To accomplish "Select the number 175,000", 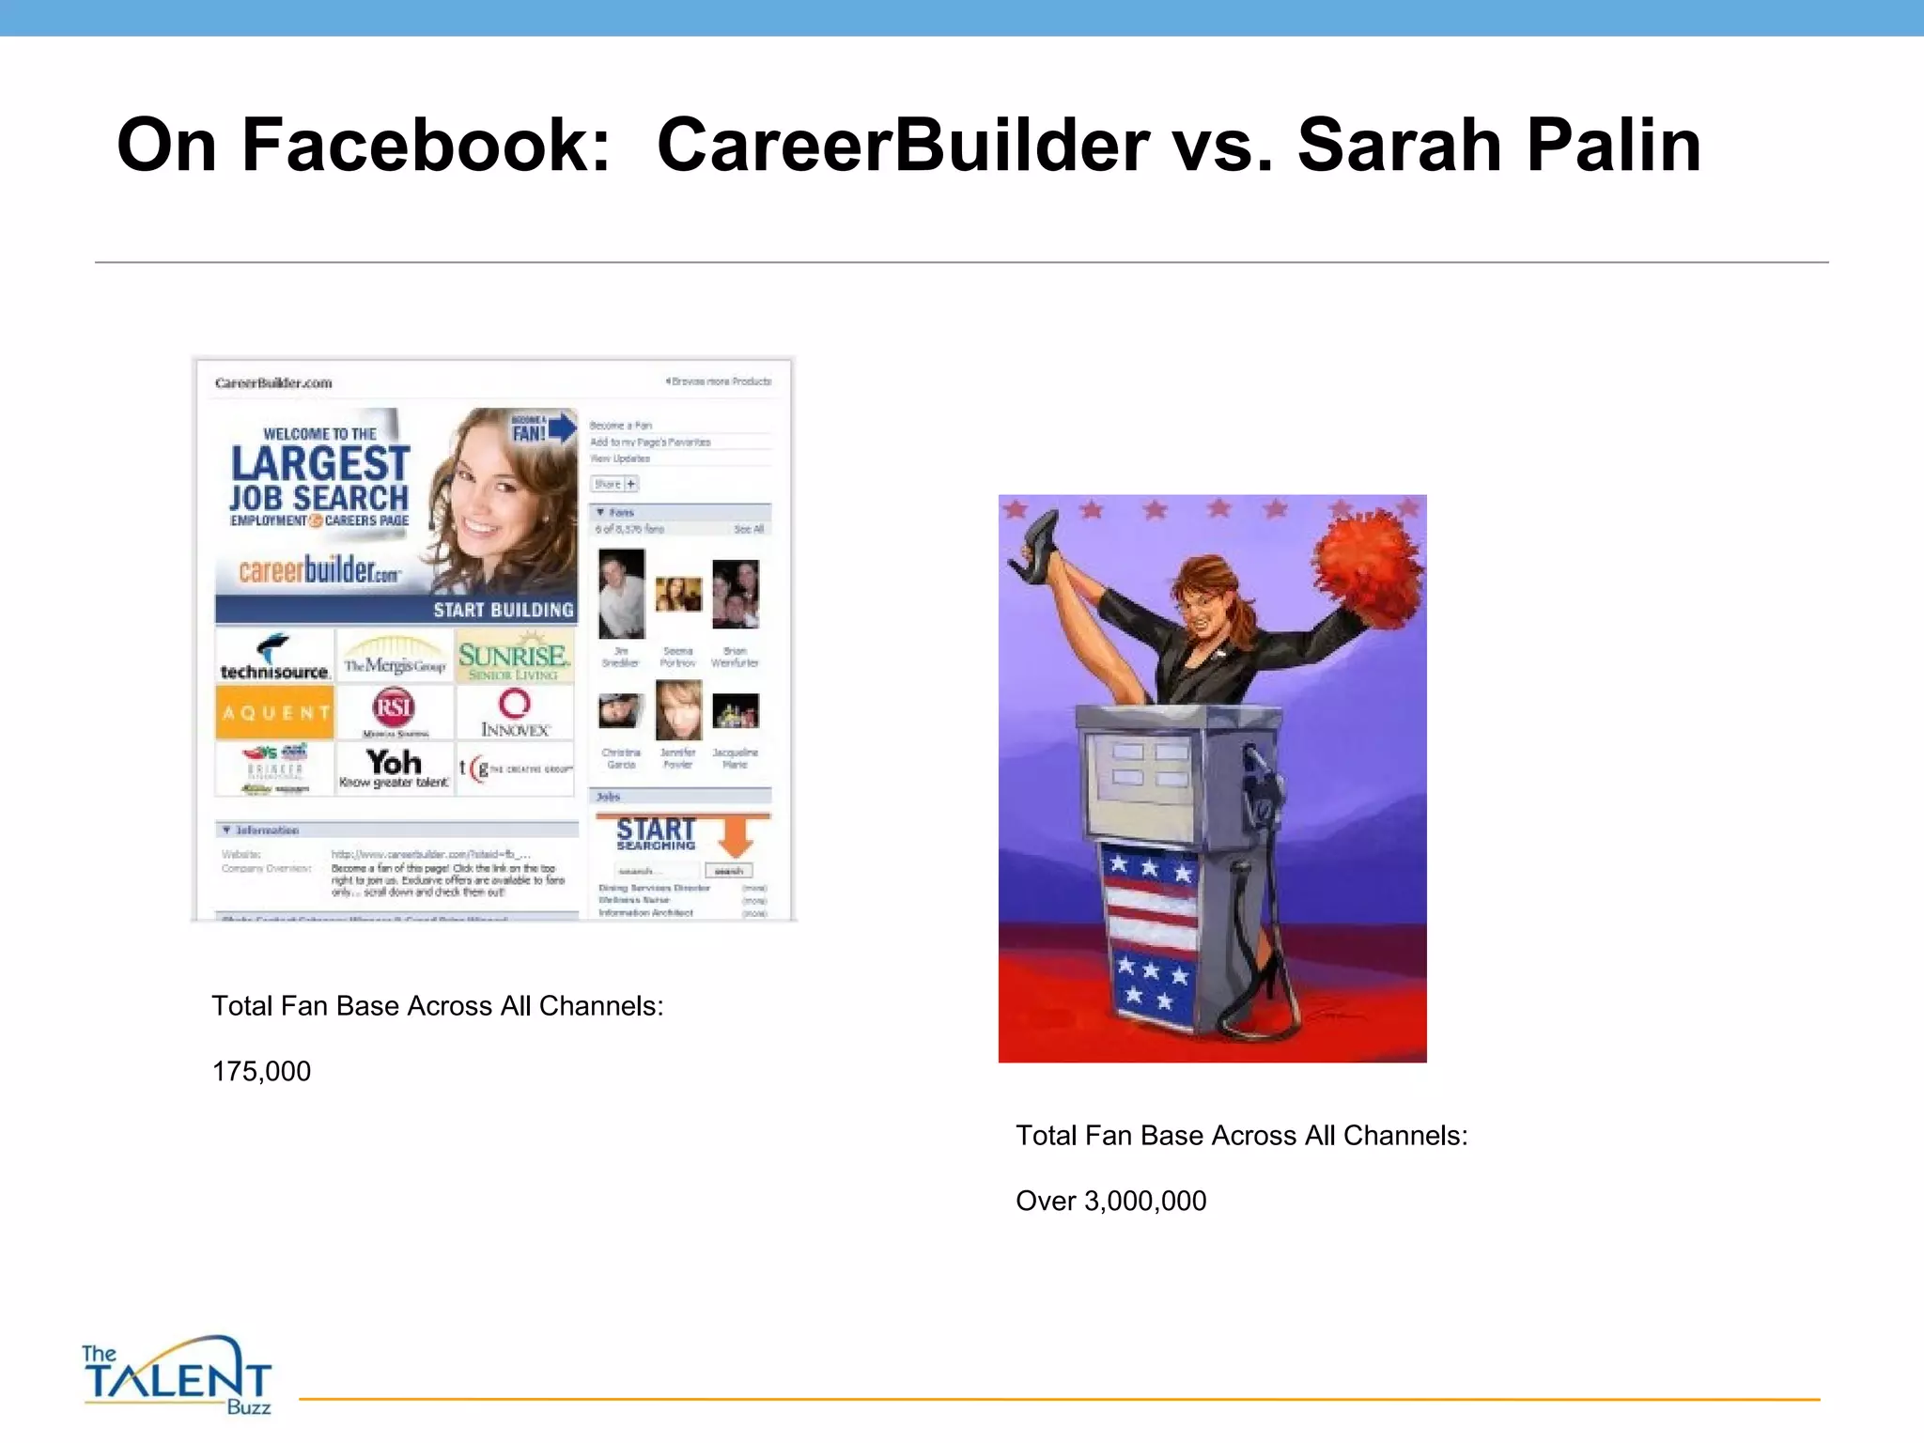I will pyautogui.click(x=261, y=1071).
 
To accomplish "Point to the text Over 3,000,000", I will pyautogui.click(x=1110, y=1201).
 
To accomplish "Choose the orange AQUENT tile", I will pyautogui.click(x=274, y=713).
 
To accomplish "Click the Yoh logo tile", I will pyautogui.click(x=395, y=768).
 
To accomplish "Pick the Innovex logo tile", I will pyautogui.click(x=515, y=713).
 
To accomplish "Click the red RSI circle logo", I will pyautogui.click(x=394, y=706).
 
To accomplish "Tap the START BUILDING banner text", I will pyautogui.click(x=503, y=610).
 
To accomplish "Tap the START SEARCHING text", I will pyautogui.click(x=656, y=833).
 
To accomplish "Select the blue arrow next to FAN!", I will pyautogui.click(x=562, y=428).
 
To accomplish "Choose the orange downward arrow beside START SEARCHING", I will pyautogui.click(x=737, y=833).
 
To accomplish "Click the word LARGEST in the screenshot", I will pyautogui.click(x=320, y=464).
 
